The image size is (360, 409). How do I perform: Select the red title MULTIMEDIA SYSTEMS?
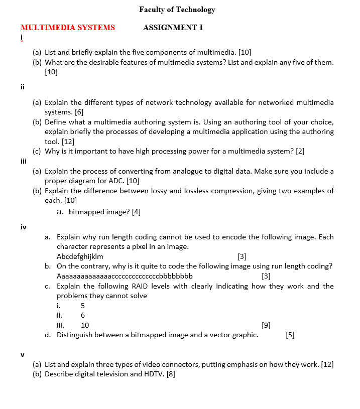tap(68, 28)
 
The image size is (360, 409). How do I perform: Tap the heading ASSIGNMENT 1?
tap(173, 28)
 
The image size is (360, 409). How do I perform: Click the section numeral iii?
tap(23, 161)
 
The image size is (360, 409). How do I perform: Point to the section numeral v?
tap(23, 354)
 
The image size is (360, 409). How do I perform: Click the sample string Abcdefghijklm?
tap(80, 256)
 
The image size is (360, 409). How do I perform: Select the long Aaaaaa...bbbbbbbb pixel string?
tap(125, 276)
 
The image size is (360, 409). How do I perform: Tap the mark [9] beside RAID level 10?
tap(266, 325)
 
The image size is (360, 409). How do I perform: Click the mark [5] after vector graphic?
tap(290, 335)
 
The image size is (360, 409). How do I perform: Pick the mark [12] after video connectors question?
tap(326, 364)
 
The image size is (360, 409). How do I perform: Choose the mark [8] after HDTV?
tap(170, 374)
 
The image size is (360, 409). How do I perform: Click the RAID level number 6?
tap(83, 315)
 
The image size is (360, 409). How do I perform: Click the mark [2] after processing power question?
tap(300, 151)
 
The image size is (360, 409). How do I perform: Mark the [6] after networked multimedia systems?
tap(79, 112)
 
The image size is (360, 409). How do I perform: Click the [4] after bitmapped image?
tap(136, 212)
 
